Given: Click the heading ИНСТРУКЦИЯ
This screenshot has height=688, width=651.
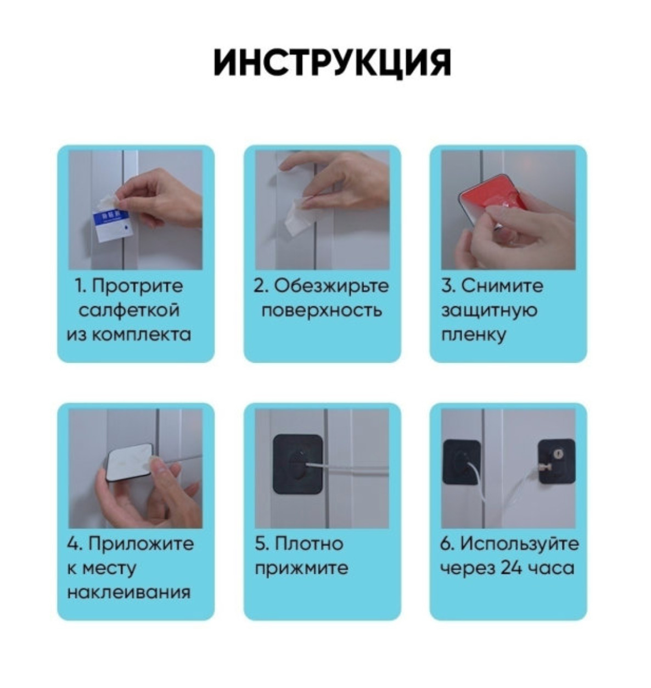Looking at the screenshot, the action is coord(332,63).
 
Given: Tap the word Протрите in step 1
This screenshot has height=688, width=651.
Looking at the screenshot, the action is coord(137,286).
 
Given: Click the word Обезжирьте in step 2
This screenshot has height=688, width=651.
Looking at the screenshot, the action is coord(331,286).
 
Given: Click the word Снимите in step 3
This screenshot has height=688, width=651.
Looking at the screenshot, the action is coord(502,286).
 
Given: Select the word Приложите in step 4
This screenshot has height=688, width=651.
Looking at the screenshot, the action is coord(141,544).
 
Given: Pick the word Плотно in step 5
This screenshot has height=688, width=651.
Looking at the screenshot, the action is coord(308,544).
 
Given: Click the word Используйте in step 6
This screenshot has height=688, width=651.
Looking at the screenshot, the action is coord(519,544).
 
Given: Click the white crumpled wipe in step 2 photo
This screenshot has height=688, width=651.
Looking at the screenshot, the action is coord(297,215).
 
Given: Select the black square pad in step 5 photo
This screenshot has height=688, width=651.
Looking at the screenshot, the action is coord(298,464).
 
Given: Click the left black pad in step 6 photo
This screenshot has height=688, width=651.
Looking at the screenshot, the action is coord(462,462).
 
